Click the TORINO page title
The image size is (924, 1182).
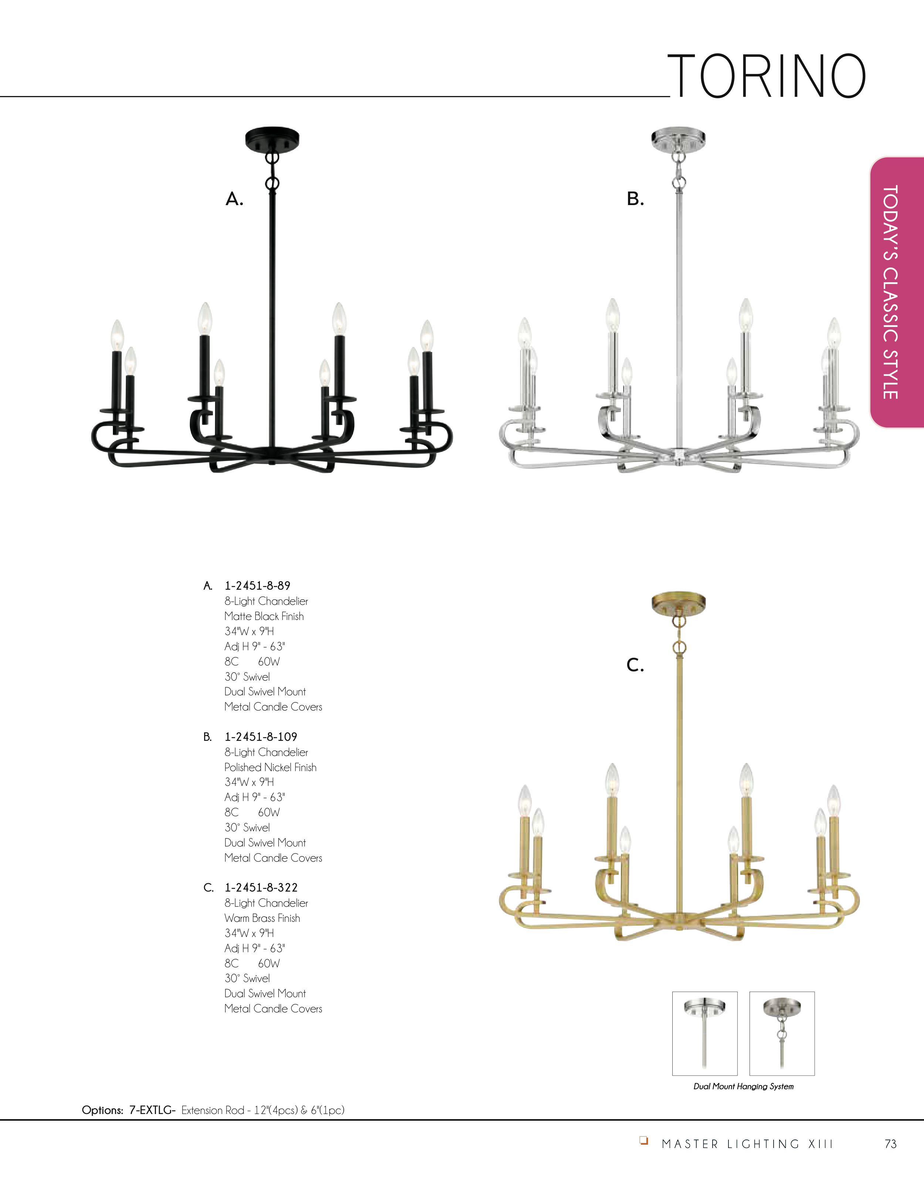tap(767, 76)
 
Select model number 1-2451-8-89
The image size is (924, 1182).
tap(258, 586)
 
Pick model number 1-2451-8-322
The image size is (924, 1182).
tap(261, 888)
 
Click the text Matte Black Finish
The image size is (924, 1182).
tap(264, 616)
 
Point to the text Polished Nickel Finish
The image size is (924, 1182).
tap(270, 767)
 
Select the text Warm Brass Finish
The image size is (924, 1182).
tap(262, 919)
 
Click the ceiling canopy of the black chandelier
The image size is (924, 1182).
tap(272, 139)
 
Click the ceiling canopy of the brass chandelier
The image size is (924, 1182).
tap(678, 601)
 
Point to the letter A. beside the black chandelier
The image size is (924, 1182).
tap(234, 199)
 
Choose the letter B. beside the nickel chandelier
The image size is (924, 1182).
tap(635, 199)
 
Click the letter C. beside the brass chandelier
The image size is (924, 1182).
tap(635, 665)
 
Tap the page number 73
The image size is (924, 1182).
tap(890, 1144)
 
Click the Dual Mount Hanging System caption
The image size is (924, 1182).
tap(743, 1086)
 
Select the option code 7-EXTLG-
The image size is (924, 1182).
tap(152, 1110)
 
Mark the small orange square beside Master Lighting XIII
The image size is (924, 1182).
tap(643, 1140)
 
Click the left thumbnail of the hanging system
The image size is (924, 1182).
tap(705, 1033)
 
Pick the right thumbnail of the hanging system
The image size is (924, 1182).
tap(782, 1033)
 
